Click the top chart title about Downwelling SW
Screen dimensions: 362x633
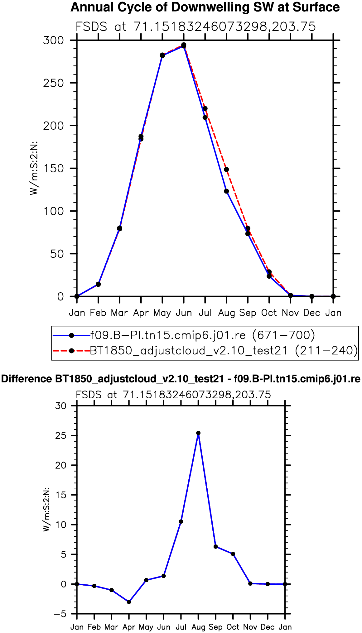[x=205, y=7]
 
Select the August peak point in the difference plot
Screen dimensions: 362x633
[x=198, y=433]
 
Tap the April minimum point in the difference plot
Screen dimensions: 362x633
[x=129, y=602]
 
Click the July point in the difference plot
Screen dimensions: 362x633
[x=181, y=521]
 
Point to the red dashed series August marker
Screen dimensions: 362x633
[x=226, y=170]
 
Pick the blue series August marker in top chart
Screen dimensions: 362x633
[x=226, y=191]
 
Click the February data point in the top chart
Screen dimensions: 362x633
[x=98, y=284]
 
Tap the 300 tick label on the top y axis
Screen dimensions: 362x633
[x=53, y=40]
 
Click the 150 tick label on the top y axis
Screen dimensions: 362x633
[x=53, y=168]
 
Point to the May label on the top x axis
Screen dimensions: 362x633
[x=162, y=313]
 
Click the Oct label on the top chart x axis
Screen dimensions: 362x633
[x=269, y=313]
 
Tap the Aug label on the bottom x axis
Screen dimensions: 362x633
[x=198, y=627]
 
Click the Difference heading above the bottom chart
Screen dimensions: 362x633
[x=181, y=379]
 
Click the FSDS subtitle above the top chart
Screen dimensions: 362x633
[x=196, y=27]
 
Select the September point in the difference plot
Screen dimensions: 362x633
[x=215, y=546]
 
